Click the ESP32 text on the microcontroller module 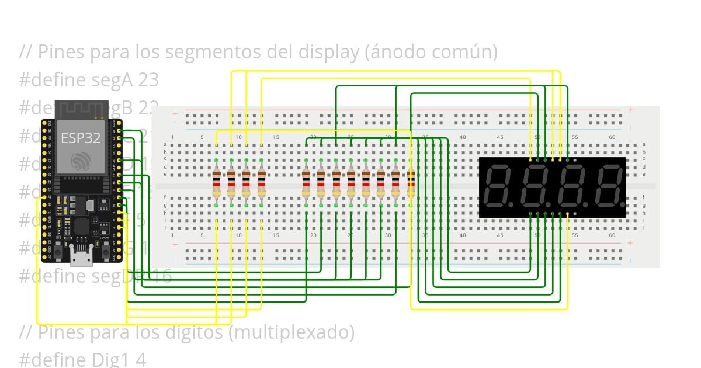point(81,138)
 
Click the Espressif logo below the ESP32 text point(81,162)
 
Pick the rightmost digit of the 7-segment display point(605,186)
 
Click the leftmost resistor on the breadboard point(216,183)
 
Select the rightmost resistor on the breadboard point(411,183)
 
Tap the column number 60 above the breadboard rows point(612,137)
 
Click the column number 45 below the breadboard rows point(500,235)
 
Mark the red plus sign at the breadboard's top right point(630,110)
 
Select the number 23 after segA point(148,79)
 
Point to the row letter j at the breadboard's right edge point(644,227)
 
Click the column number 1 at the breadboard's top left point(172,137)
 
